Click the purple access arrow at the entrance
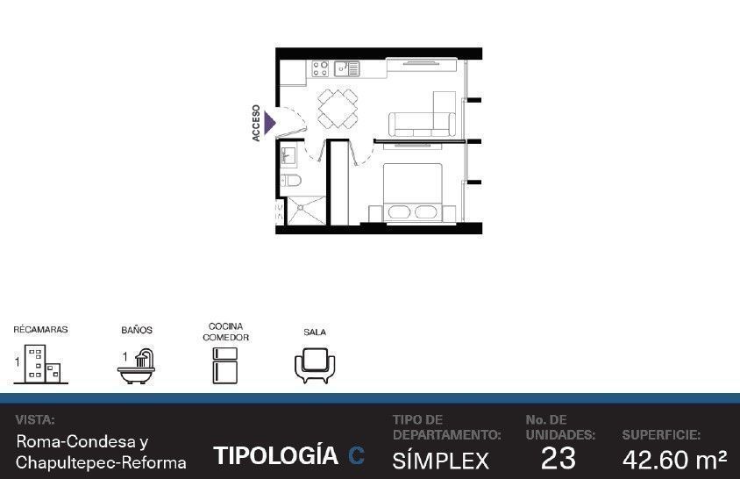click(x=269, y=124)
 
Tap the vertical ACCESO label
click(x=256, y=124)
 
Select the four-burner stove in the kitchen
click(x=320, y=68)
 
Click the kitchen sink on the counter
click(x=347, y=68)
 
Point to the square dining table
click(x=337, y=109)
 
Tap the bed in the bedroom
click(x=412, y=192)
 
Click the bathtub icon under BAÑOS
click(x=136, y=367)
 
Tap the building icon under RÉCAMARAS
click(x=42, y=364)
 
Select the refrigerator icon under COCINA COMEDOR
click(x=224, y=365)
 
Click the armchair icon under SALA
click(x=315, y=366)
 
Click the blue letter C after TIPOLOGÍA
click(x=356, y=456)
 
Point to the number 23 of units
click(x=559, y=458)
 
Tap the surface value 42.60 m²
click(x=674, y=460)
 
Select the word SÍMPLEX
click(x=440, y=460)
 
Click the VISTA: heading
click(x=35, y=420)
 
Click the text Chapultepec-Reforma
click(x=101, y=463)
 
